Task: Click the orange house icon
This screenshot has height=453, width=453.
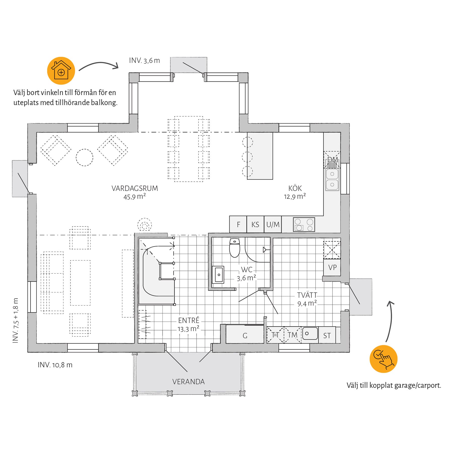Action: [x=61, y=71]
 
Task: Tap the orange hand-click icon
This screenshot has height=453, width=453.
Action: [x=383, y=359]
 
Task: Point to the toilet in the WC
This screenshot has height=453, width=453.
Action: [x=235, y=248]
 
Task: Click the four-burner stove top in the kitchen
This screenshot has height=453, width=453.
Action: [x=304, y=224]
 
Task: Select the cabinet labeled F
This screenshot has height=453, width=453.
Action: [x=238, y=224]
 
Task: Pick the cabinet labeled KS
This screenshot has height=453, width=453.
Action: [x=255, y=224]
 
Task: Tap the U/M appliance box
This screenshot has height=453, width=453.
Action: [x=273, y=224]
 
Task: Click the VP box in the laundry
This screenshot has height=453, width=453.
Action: [x=332, y=267]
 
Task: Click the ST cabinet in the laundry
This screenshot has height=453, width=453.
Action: [x=327, y=335]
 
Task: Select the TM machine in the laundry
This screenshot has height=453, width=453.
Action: [x=292, y=335]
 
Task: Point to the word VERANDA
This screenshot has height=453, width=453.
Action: [x=188, y=382]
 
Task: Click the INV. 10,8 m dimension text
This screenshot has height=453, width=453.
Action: [x=55, y=365]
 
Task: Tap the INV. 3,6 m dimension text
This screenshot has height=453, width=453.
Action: [x=144, y=60]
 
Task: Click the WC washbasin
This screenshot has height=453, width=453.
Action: [x=218, y=275]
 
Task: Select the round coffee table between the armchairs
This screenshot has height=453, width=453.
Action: [x=85, y=158]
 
